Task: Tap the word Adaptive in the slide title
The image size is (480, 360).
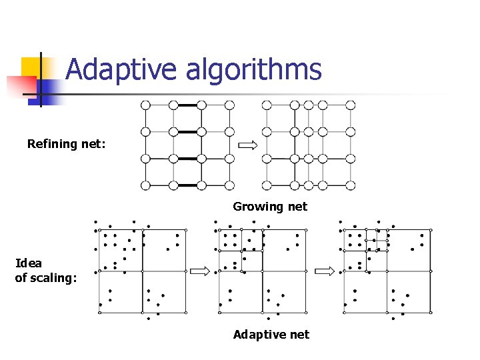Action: point(122,70)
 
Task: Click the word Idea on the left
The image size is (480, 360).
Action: point(28,263)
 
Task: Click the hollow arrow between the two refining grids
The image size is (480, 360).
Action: point(247,145)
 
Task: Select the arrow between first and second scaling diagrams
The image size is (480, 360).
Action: point(199,271)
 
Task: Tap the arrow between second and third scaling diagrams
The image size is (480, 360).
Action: point(324,271)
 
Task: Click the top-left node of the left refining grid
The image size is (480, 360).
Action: point(145,105)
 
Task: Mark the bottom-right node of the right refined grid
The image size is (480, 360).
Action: point(350,185)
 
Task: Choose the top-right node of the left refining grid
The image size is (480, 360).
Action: point(229,105)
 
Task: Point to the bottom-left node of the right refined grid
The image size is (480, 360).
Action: point(267,185)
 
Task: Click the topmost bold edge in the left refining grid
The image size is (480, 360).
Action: point(187,105)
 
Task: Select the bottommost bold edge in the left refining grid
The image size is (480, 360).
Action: point(187,185)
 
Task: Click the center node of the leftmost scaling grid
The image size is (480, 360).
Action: point(142,271)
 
